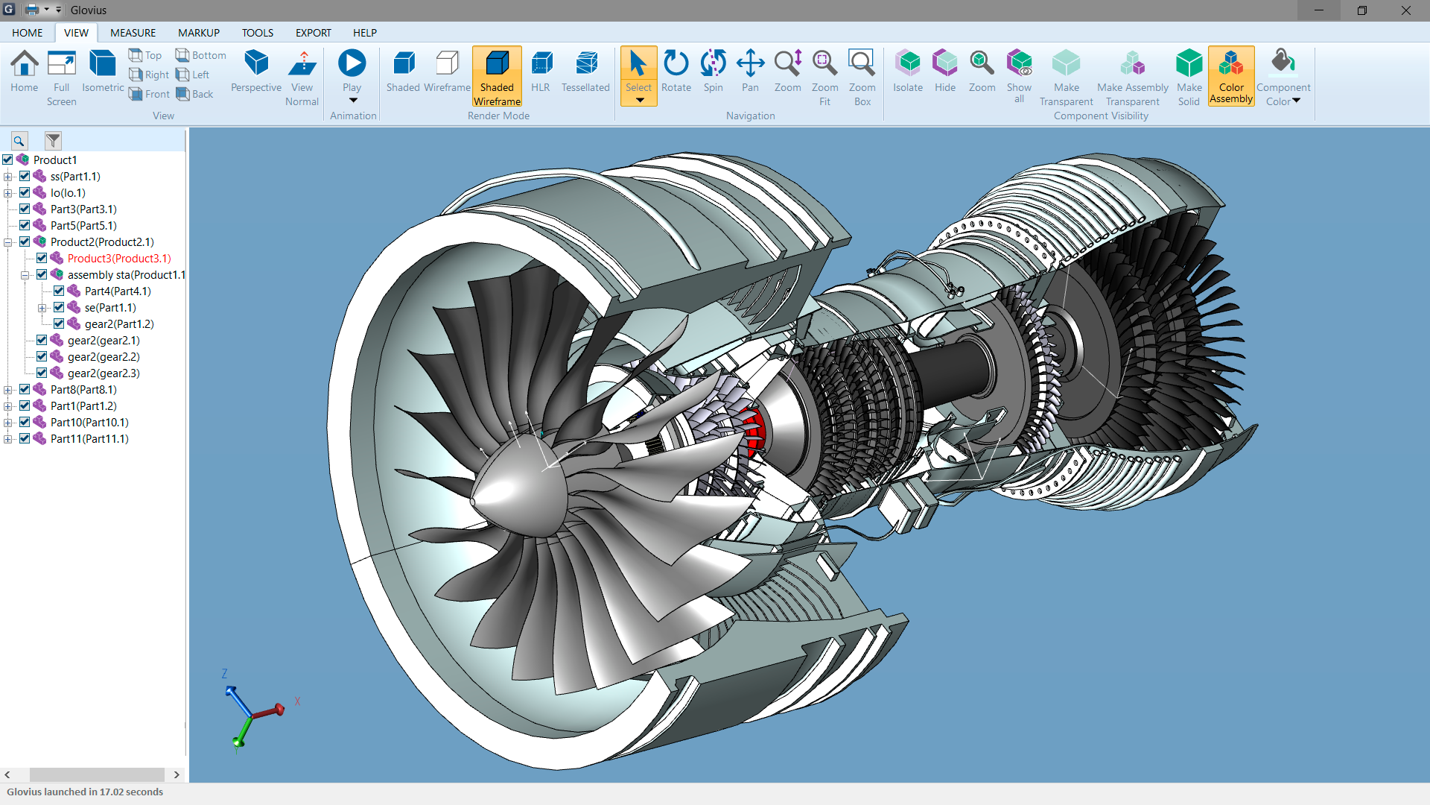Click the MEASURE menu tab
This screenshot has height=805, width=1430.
pyautogui.click(x=133, y=33)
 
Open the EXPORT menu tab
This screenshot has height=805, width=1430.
pyautogui.click(x=313, y=33)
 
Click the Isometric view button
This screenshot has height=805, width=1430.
pyautogui.click(x=102, y=72)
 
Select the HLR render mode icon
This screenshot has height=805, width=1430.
pyautogui.click(x=541, y=72)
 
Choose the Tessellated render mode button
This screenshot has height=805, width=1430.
pyautogui.click(x=585, y=72)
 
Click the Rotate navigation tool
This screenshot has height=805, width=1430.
pyautogui.click(x=676, y=72)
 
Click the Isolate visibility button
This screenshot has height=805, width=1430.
pyautogui.click(x=908, y=72)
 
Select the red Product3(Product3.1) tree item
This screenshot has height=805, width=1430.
pyautogui.click(x=119, y=259)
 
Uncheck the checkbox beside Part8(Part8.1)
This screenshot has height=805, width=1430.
pyautogui.click(x=25, y=390)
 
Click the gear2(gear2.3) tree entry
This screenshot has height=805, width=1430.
pyautogui.click(x=104, y=373)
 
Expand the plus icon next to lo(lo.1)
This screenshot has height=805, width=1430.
pyautogui.click(x=8, y=193)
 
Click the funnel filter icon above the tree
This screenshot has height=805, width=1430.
pyautogui.click(x=53, y=140)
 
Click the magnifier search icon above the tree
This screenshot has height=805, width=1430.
pyautogui.click(x=19, y=140)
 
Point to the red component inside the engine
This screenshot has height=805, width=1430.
pyautogui.click(x=754, y=432)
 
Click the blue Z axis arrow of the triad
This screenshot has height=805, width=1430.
pyautogui.click(x=237, y=700)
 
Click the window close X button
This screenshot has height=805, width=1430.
pyautogui.click(x=1405, y=10)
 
